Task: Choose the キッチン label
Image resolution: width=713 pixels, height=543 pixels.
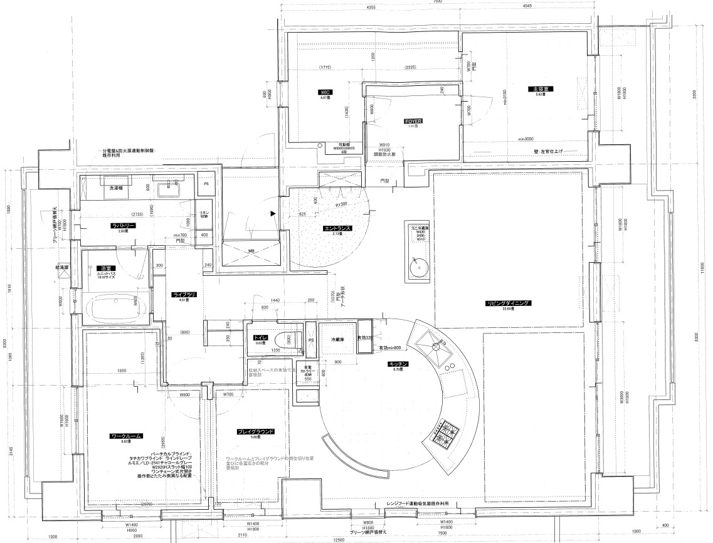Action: point(399,364)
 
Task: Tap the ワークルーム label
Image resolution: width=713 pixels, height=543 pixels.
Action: point(126,435)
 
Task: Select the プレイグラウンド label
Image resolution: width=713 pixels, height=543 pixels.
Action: point(255,431)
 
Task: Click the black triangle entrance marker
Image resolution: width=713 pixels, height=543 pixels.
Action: point(272,214)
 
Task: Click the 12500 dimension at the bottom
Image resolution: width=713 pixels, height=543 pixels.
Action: point(339,539)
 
